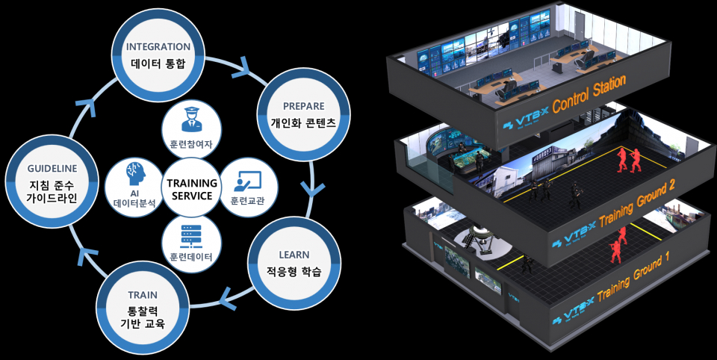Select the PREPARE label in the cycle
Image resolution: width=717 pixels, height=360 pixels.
coord(303,105)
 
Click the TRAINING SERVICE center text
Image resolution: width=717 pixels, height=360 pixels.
coord(191,189)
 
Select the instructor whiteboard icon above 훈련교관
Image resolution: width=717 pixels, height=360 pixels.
coord(246,181)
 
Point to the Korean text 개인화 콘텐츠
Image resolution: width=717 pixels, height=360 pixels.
coord(303,122)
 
